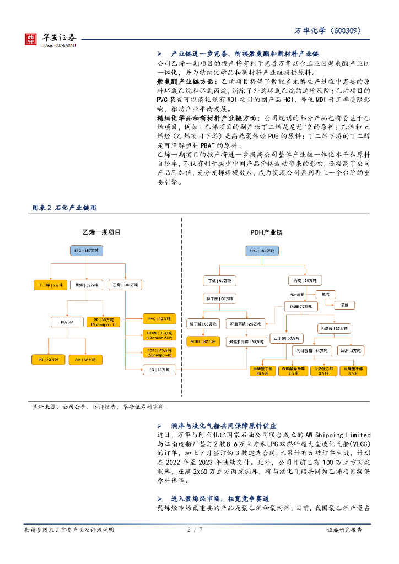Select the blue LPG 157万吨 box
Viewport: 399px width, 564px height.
click(x=86, y=251)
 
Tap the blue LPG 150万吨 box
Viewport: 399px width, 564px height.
click(x=265, y=251)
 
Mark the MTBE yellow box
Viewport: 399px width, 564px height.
click(x=203, y=341)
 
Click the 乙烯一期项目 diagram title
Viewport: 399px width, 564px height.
click(x=101, y=233)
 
